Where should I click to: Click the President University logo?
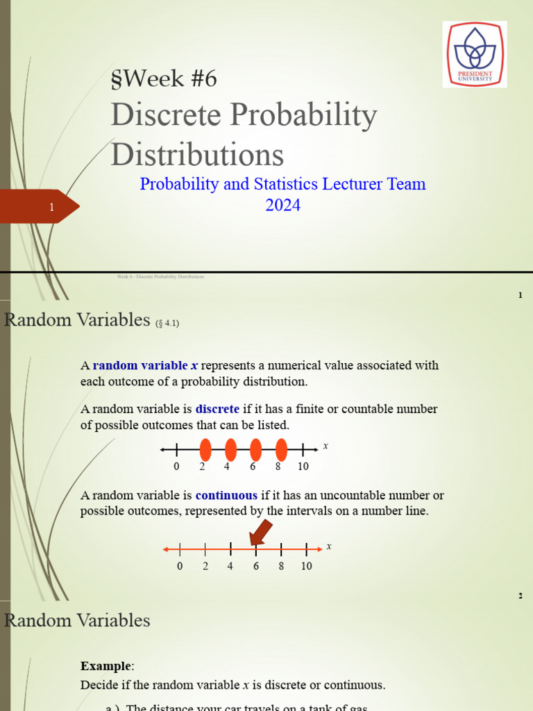click(x=475, y=54)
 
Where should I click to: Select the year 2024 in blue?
click(x=282, y=206)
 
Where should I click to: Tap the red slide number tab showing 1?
click(x=42, y=207)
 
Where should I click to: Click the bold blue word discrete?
click(x=217, y=409)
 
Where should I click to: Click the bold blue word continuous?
click(x=226, y=495)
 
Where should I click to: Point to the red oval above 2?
click(x=205, y=450)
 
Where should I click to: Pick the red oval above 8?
click(x=281, y=450)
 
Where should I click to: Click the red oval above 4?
click(x=230, y=450)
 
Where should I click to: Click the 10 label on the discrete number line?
click(x=303, y=467)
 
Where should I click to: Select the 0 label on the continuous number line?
click(x=180, y=566)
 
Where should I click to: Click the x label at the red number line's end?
click(x=329, y=546)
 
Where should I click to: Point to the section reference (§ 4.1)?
click(x=167, y=322)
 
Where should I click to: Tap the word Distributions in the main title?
click(x=198, y=154)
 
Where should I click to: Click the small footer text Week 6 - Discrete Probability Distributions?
click(x=160, y=276)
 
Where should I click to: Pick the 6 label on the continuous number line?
click(x=256, y=566)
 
